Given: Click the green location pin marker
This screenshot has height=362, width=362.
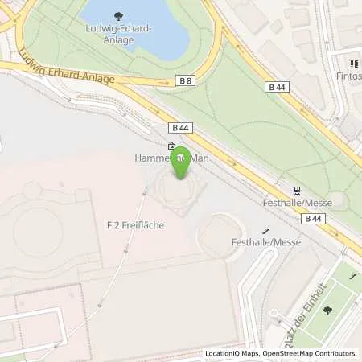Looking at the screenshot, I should coord(183,162).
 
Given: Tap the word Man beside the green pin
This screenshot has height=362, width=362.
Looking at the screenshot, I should coord(199,159).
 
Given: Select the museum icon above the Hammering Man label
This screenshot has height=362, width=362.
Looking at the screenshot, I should coord(171,147).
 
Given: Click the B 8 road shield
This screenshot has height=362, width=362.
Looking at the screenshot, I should coord(186,80).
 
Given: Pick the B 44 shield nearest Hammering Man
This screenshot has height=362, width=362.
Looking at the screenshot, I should coord(180,127).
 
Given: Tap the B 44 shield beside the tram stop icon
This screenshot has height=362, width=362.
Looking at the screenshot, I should coord(314,217).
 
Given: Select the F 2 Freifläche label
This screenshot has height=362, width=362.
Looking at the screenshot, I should coord(134,225).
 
